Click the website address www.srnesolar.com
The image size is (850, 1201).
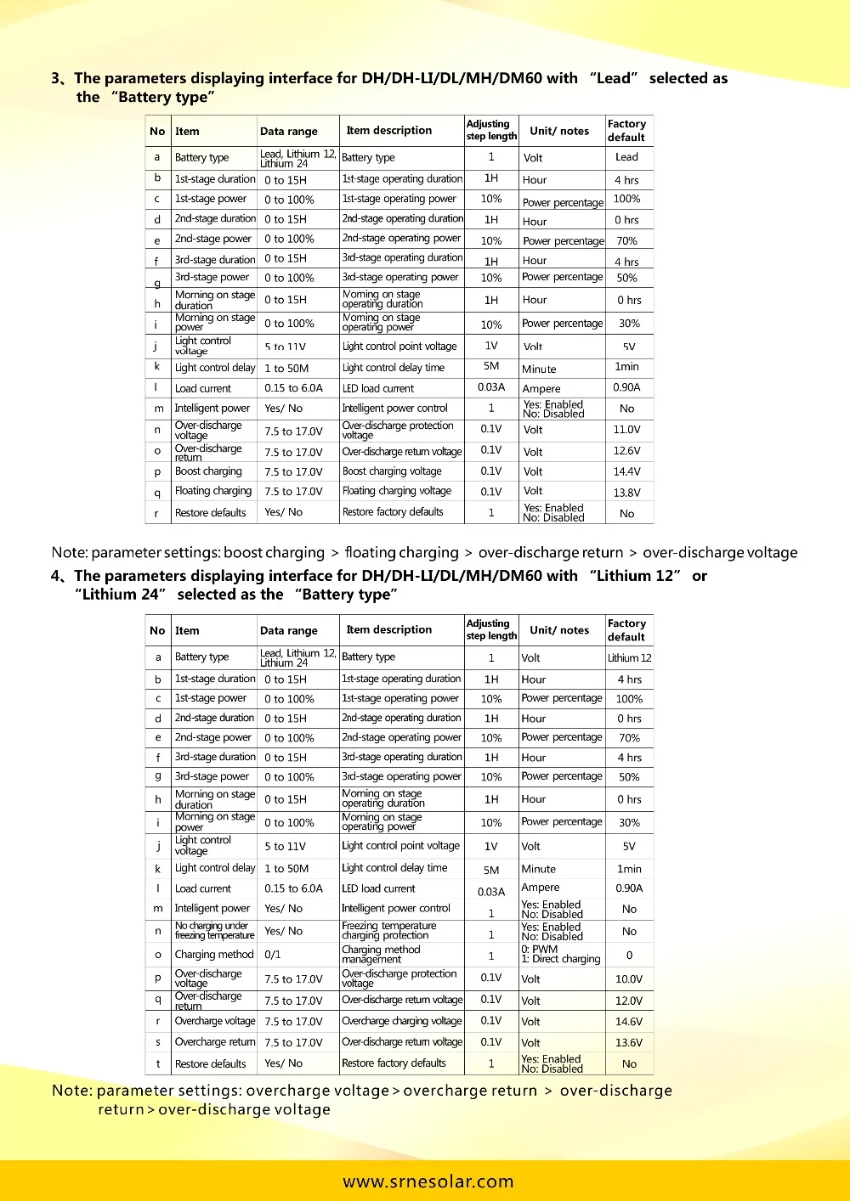[428, 1181]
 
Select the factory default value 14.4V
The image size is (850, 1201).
[626, 471]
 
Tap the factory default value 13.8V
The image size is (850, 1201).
[626, 492]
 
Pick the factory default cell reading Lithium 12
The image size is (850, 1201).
[629, 657]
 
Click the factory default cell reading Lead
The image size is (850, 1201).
[626, 157]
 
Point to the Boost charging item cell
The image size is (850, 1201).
[208, 471]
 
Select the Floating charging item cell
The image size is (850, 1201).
[213, 491]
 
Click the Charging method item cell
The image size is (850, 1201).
[214, 954]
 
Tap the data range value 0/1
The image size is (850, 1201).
[273, 954]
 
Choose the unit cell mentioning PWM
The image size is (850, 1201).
[560, 954]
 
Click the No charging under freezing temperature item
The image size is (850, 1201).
[214, 931]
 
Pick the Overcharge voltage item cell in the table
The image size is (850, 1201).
[214, 1021]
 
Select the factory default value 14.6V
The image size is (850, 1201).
[629, 1022]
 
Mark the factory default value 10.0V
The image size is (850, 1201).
[629, 979]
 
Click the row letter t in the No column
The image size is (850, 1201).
[157, 1063]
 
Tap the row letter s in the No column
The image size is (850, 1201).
[157, 1042]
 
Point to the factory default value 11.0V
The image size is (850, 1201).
[626, 430]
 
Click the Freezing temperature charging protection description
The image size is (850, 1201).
[388, 931]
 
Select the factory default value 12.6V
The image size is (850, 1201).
[626, 451]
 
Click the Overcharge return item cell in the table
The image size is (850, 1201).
[214, 1042]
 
